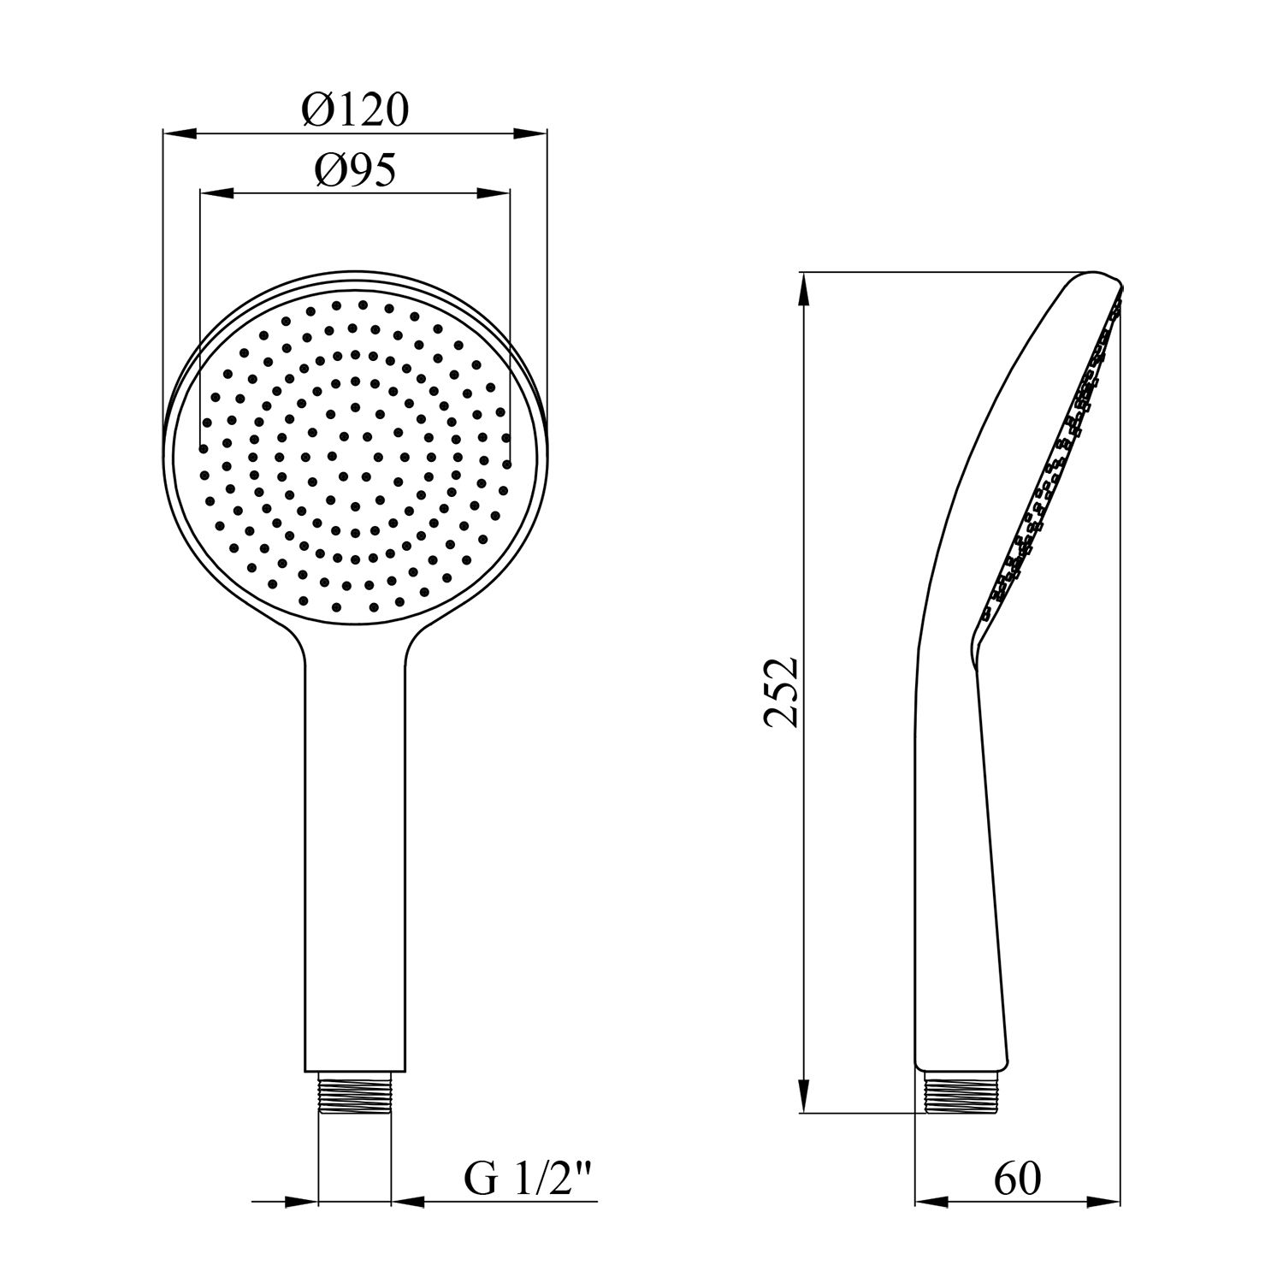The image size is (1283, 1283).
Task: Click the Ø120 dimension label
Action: [x=355, y=110]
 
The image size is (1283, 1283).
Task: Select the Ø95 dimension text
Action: [x=355, y=172]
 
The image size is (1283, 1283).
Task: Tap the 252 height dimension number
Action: [x=782, y=692]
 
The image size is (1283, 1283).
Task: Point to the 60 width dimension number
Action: [x=1017, y=1180]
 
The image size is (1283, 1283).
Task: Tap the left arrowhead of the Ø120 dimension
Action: [x=180, y=133]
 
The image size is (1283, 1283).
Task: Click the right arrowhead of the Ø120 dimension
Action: [x=529, y=133]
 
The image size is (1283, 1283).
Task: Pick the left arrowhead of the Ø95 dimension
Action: [x=216, y=193]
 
